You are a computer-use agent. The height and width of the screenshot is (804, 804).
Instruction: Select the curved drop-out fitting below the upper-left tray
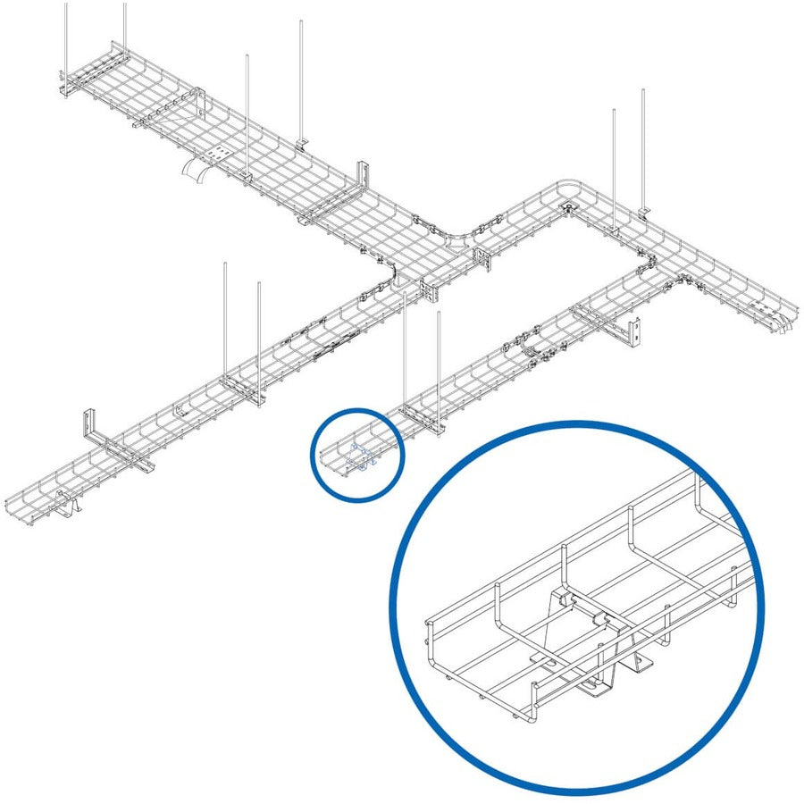195,171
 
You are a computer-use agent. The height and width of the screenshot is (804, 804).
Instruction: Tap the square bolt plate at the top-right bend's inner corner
568,209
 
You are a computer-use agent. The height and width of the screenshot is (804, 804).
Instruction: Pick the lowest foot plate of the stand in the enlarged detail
596,689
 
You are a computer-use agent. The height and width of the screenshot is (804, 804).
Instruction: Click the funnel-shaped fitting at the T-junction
460,242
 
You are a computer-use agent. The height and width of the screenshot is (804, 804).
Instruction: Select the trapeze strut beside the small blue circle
420,413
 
